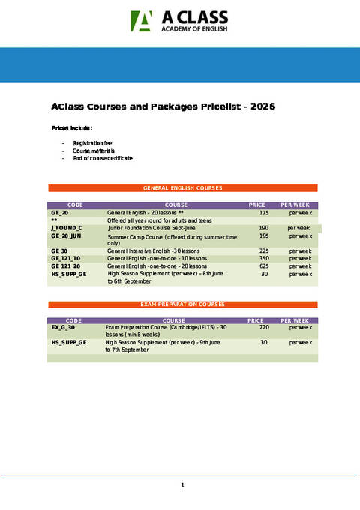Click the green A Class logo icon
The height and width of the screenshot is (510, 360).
click(x=142, y=22)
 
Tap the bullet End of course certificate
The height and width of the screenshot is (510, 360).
click(x=103, y=159)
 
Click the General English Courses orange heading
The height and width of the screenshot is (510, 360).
click(x=182, y=187)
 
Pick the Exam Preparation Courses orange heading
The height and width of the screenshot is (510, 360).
click(x=182, y=304)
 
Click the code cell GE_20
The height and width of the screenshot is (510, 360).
click(x=60, y=214)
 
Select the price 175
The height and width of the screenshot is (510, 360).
click(x=264, y=214)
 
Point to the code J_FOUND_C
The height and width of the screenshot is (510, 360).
click(x=67, y=228)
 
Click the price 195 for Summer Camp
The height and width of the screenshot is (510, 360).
click(x=264, y=236)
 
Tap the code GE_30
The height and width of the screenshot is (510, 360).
click(x=60, y=251)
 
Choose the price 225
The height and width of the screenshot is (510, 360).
click(x=264, y=251)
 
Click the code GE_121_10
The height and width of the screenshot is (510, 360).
click(x=66, y=259)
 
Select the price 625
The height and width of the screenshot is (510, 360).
click(x=264, y=266)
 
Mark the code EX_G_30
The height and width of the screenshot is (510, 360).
click(x=63, y=328)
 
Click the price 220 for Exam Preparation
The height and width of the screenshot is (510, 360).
click(x=264, y=328)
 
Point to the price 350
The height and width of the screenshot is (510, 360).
click(x=264, y=259)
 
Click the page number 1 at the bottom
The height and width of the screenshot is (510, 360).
click(x=182, y=485)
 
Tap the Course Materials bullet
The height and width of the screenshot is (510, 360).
click(x=88, y=151)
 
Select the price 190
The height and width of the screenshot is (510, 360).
click(x=264, y=228)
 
